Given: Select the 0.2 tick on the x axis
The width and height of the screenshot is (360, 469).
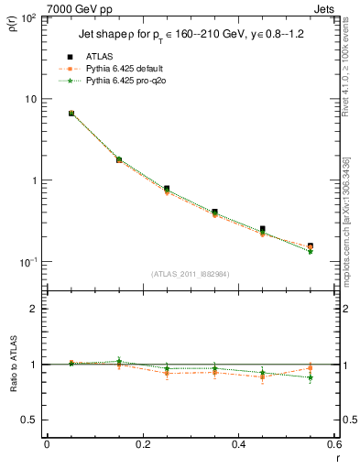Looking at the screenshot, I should (142, 443).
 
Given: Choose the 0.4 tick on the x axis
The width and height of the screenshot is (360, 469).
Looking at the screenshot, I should (239, 443).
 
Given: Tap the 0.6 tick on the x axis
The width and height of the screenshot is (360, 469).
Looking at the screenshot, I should (334, 443).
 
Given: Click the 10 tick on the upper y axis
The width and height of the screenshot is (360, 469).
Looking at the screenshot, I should (31, 99).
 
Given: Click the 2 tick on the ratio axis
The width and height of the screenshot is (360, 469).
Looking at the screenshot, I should (33, 309).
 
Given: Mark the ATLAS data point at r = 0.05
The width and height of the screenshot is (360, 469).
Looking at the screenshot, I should (71, 114).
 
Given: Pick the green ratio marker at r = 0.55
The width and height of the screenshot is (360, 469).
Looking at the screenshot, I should (311, 377).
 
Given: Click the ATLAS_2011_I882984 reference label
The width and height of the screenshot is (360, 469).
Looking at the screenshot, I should (191, 274).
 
